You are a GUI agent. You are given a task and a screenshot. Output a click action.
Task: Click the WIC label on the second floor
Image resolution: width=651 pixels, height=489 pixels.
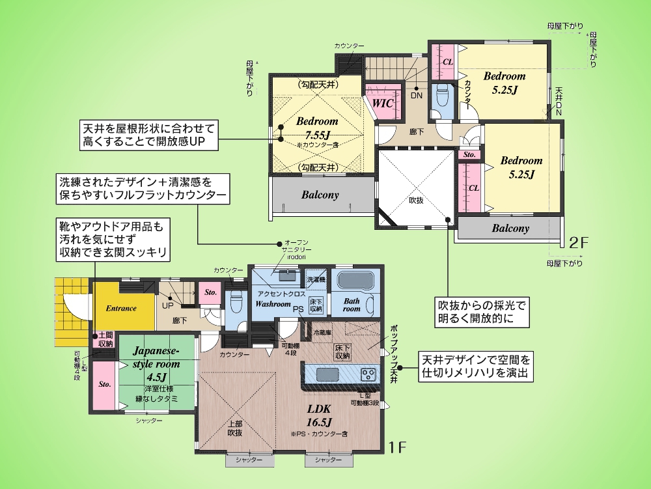click(x=383, y=104)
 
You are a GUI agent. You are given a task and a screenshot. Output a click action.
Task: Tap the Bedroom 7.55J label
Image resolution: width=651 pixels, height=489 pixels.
click(x=317, y=128)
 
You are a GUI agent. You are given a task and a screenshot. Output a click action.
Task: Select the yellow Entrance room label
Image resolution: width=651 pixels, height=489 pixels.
click(x=120, y=308)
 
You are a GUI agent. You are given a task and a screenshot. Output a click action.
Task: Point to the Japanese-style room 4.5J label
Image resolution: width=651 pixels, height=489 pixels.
click(x=156, y=363)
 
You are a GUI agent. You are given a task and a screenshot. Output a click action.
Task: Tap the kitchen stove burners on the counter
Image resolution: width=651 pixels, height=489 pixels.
click(x=368, y=374)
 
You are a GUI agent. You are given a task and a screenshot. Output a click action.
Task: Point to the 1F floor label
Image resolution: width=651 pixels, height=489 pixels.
click(x=397, y=447)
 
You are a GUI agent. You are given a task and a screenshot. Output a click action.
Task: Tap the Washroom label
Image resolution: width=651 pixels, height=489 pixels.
click(x=273, y=304)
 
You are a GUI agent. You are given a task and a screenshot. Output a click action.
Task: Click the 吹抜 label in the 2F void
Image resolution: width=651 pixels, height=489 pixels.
click(x=416, y=201)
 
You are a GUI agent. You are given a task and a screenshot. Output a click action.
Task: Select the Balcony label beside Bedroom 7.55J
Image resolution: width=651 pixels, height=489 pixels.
click(x=320, y=195)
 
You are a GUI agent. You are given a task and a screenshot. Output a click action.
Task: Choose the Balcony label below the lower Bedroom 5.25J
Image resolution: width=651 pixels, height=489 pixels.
click(x=510, y=229)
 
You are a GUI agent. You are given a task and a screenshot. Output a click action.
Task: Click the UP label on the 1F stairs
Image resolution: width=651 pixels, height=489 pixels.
click(x=167, y=305)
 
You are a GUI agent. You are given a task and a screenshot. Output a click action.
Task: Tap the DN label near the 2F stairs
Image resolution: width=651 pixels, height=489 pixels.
click(x=417, y=95)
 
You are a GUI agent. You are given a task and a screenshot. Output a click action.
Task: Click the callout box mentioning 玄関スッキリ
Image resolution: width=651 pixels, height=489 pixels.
click(x=112, y=239)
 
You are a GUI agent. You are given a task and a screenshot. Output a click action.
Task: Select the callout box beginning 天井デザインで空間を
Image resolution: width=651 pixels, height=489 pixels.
click(x=476, y=367)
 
